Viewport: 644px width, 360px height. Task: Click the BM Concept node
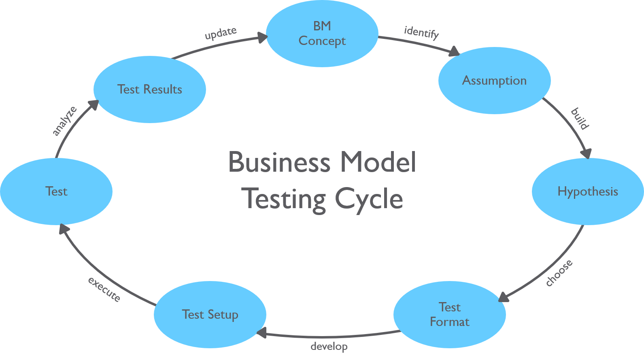[x=322, y=34]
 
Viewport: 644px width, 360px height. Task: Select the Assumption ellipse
[x=494, y=81]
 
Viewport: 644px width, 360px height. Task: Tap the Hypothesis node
[x=587, y=191]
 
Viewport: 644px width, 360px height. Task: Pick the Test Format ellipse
[x=449, y=314]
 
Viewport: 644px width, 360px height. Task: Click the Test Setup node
[x=210, y=314]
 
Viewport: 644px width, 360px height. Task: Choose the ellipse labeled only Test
[x=56, y=191]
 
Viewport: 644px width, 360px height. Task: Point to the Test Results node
[x=149, y=89]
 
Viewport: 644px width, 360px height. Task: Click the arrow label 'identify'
[x=421, y=32]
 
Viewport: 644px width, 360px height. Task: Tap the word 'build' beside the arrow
[x=580, y=118]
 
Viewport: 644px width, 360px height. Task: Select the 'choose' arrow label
[x=559, y=273]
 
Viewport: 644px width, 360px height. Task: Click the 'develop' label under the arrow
[x=329, y=347]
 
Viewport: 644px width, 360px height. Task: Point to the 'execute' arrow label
[x=104, y=289]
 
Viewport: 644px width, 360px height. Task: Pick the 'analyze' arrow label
[x=64, y=121]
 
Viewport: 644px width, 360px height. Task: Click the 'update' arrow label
[x=221, y=33]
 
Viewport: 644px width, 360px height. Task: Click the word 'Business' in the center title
[x=279, y=162]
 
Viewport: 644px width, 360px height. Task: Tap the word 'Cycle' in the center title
[x=369, y=199]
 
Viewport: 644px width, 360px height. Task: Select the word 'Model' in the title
[x=378, y=162]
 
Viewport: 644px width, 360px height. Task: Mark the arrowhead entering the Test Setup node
[x=261, y=333]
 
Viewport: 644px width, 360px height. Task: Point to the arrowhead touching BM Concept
[x=263, y=38]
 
